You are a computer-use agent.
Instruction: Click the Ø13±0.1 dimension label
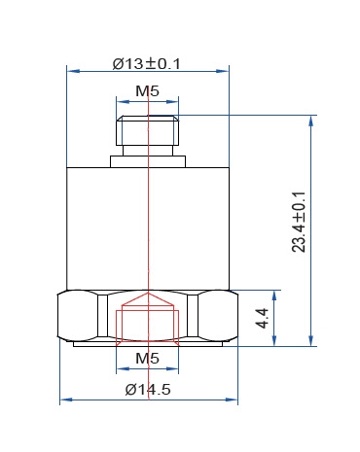point(146,63)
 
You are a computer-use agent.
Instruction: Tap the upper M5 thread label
point(148,91)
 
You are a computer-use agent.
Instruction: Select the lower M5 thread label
point(148,359)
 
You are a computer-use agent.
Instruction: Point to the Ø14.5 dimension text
point(148,389)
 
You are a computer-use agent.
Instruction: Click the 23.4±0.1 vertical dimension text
point(299,222)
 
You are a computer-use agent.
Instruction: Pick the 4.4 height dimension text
point(262,318)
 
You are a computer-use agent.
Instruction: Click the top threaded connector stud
point(148,130)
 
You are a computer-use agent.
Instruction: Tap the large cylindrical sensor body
point(148,228)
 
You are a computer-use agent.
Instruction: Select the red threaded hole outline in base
point(148,328)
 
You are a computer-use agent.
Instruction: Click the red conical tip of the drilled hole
point(148,298)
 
